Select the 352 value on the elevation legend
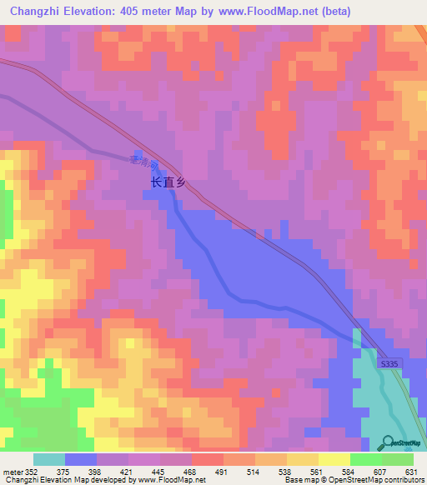tap(30, 472)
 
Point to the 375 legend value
tap(64, 472)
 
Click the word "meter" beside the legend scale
tap(11, 472)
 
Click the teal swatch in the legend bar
tap(49, 459)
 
